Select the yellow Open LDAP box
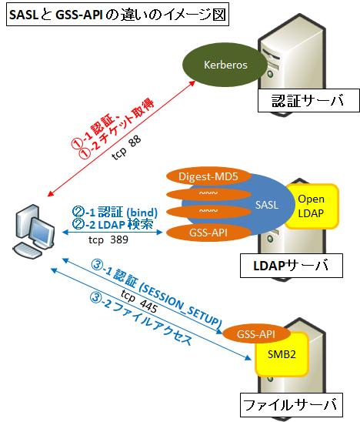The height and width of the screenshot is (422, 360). coord(312,206)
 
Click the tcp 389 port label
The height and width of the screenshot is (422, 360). coord(107,239)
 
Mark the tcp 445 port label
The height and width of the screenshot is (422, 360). coord(136,303)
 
